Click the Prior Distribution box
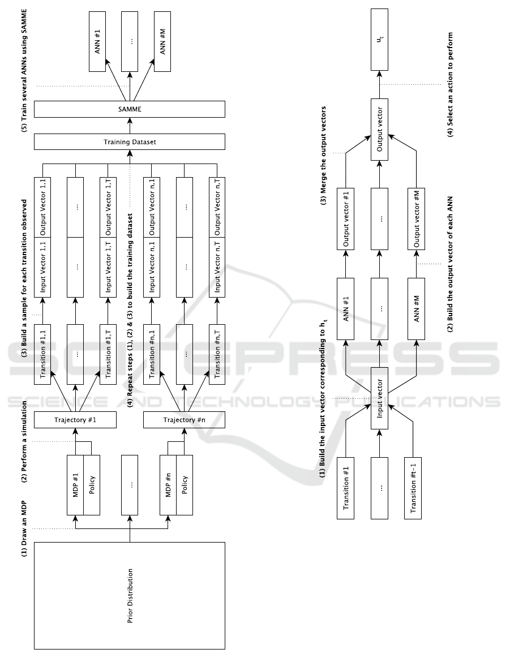(130, 595)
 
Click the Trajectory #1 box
(83, 420)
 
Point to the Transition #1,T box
(108, 351)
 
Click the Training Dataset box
(130, 142)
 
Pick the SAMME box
(130, 109)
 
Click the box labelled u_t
(379, 41)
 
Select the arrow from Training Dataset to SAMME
(130, 126)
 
